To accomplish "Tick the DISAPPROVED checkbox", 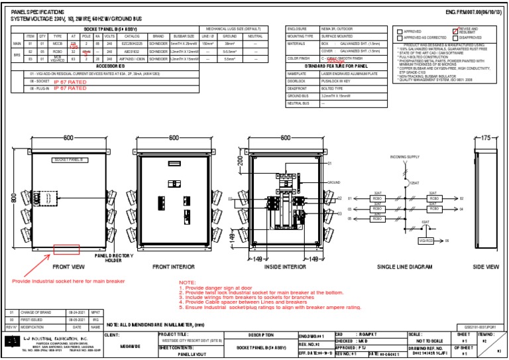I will point(455,38).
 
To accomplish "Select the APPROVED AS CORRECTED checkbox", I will point(398,38).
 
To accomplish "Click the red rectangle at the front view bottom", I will point(66,249).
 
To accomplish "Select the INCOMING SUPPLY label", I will point(406,157).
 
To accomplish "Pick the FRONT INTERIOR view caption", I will point(173,267).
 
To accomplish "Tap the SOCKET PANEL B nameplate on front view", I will point(66,160).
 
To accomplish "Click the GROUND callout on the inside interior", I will point(334,182).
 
